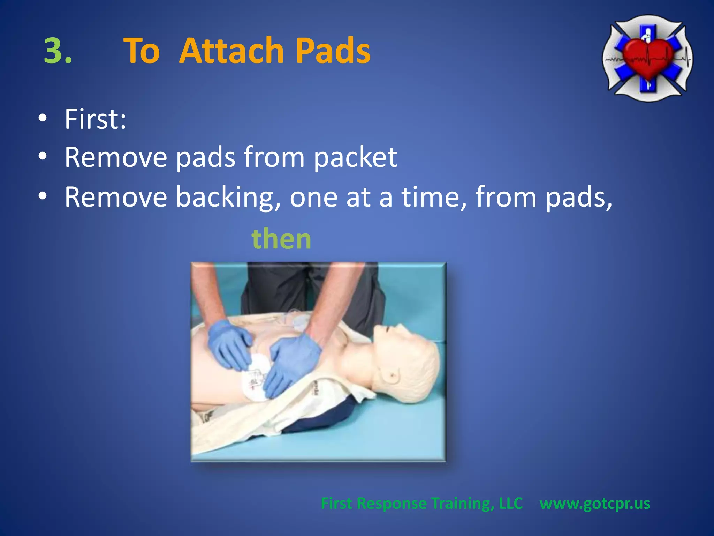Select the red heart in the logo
(648, 58)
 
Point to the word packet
(356, 158)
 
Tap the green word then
(281, 239)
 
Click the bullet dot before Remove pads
(43, 157)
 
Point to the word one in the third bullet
(313, 198)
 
